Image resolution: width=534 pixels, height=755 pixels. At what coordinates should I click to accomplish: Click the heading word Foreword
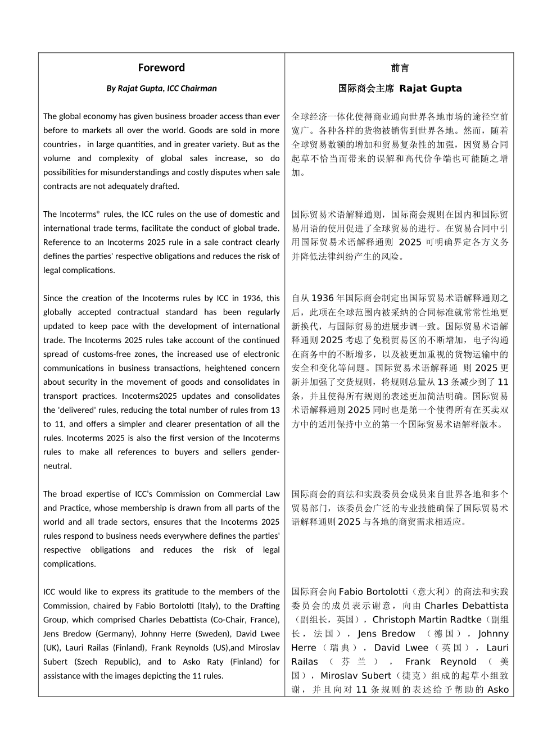point(161,68)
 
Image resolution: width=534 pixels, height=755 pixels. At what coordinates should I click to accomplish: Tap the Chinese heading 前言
point(400,68)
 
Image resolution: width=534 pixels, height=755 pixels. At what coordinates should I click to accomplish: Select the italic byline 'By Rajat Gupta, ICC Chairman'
point(161,88)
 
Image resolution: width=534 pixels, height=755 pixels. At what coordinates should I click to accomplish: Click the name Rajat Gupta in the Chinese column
point(430,88)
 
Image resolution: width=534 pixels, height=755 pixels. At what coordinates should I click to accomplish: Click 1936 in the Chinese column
point(322,298)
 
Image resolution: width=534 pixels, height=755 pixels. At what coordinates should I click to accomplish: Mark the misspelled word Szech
point(85,662)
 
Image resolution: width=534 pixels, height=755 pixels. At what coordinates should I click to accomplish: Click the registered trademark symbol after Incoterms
point(98,212)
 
